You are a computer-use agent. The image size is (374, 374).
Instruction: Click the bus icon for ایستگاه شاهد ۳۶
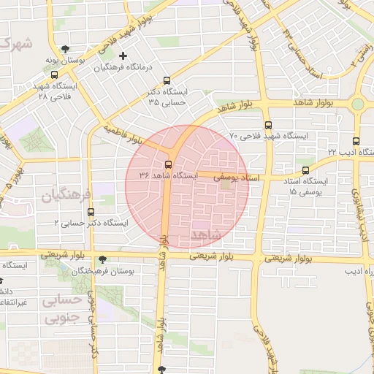(169, 164)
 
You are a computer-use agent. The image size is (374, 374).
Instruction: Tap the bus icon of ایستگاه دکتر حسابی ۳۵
(167, 80)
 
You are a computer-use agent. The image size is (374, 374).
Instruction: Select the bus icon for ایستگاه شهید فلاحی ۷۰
(268, 125)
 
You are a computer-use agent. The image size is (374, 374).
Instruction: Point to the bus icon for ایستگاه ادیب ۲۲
(356, 141)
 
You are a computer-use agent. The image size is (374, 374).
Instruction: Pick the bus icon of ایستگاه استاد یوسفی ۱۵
(305, 171)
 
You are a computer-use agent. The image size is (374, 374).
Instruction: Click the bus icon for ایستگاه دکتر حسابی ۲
(91, 212)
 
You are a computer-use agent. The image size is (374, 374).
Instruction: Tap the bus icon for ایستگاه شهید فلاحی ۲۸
(56, 75)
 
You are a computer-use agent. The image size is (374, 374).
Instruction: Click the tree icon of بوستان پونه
(66, 50)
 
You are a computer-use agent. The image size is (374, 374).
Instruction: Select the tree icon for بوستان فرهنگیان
(102, 259)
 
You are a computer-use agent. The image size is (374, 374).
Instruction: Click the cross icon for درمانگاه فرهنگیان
(123, 56)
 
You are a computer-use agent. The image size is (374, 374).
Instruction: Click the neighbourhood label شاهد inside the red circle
(204, 234)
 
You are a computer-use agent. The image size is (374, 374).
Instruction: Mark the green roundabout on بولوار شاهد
(358, 104)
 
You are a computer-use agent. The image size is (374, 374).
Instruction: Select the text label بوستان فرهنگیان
(136, 271)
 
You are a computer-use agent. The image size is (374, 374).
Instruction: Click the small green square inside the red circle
(225, 186)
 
